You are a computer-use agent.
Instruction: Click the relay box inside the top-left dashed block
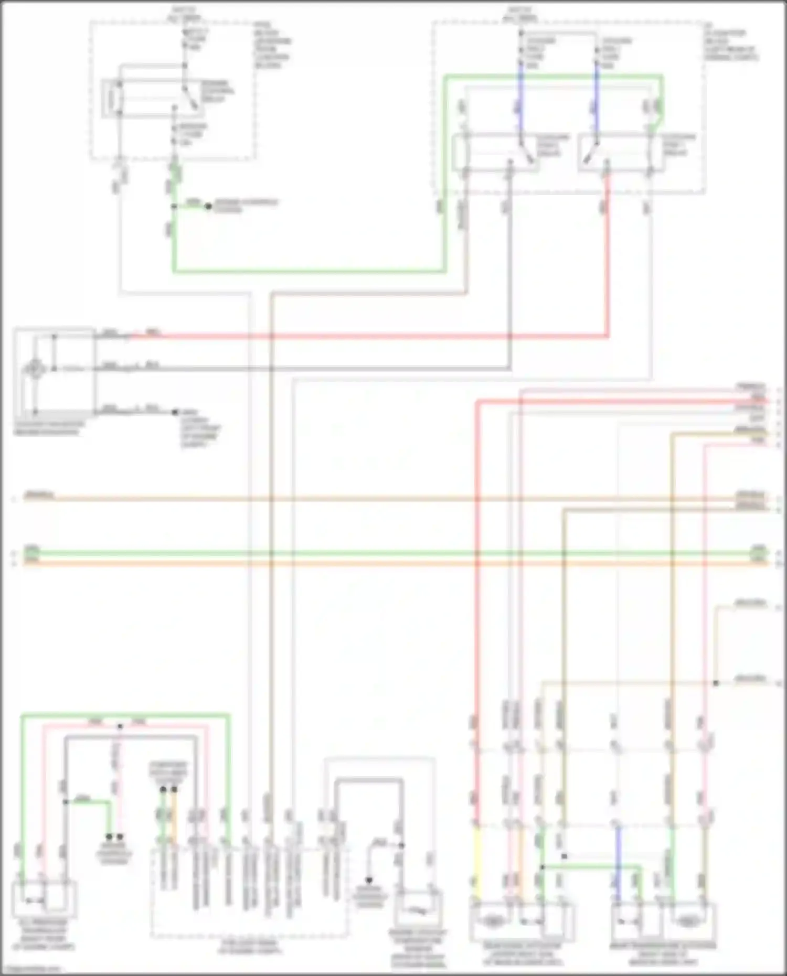click(x=152, y=98)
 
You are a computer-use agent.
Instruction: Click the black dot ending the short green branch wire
click(x=208, y=207)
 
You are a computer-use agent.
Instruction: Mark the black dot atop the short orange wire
click(x=174, y=789)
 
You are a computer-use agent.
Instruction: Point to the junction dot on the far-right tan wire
click(x=716, y=683)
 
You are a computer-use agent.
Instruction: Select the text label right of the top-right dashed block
click(x=732, y=45)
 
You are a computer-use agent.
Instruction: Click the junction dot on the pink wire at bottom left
click(x=120, y=726)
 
